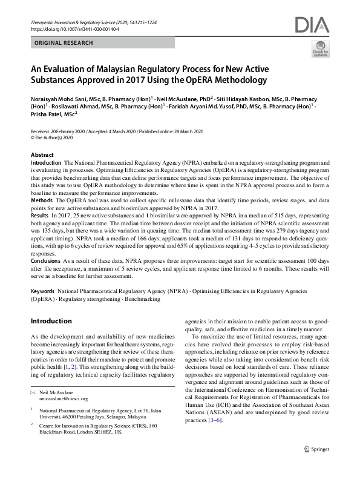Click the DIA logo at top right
tap(312, 25)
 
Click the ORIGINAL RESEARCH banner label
tap(64, 43)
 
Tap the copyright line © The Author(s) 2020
tap(54, 137)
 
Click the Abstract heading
tap(42, 156)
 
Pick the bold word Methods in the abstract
tap(41, 199)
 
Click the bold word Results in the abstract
tap(40, 214)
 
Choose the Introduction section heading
tap(51, 321)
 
